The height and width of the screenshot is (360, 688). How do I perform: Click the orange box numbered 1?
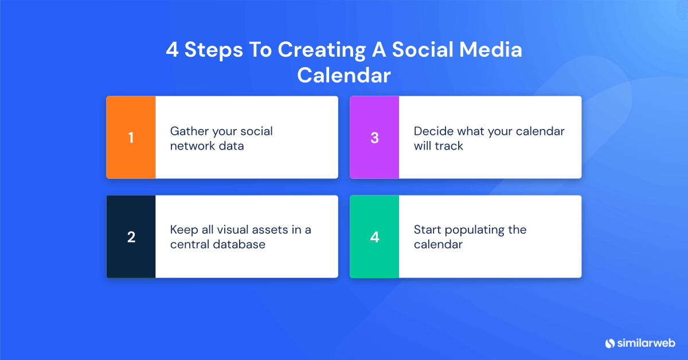[x=131, y=138]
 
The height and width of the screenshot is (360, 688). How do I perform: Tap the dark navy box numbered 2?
[x=131, y=237]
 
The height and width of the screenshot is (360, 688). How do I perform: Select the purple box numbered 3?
[x=374, y=138]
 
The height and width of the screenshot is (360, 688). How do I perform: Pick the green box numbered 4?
[x=374, y=237]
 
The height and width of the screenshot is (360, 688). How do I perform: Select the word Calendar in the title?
[x=344, y=76]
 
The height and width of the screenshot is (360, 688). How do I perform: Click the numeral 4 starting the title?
[x=172, y=50]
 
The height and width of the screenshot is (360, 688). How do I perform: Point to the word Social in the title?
[x=419, y=50]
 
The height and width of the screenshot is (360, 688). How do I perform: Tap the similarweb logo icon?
[x=610, y=343]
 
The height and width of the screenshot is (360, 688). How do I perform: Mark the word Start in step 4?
[x=427, y=230]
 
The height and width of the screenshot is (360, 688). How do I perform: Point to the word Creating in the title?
[x=321, y=50]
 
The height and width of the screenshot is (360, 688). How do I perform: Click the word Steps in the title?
[x=212, y=50]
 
